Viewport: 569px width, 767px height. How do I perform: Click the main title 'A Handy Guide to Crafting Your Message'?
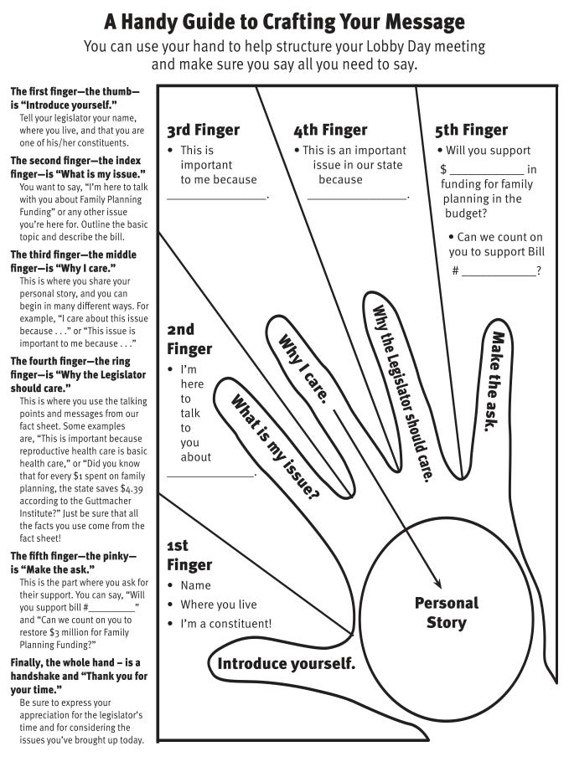coord(284,21)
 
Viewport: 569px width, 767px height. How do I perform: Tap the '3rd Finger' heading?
coord(203,131)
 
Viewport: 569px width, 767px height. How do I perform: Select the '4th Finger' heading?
coord(330,131)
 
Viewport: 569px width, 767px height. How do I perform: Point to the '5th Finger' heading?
coord(471,131)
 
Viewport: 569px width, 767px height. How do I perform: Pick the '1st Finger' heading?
coord(189,555)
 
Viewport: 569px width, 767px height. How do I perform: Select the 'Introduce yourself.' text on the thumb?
coord(287,665)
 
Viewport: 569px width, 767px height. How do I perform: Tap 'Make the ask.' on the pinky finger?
coord(494,381)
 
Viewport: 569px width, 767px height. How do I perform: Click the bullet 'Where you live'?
coord(219,605)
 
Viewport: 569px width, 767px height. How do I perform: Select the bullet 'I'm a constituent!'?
coord(226,624)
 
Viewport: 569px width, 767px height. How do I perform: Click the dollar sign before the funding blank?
coord(443,170)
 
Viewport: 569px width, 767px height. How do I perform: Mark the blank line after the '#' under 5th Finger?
coord(499,271)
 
